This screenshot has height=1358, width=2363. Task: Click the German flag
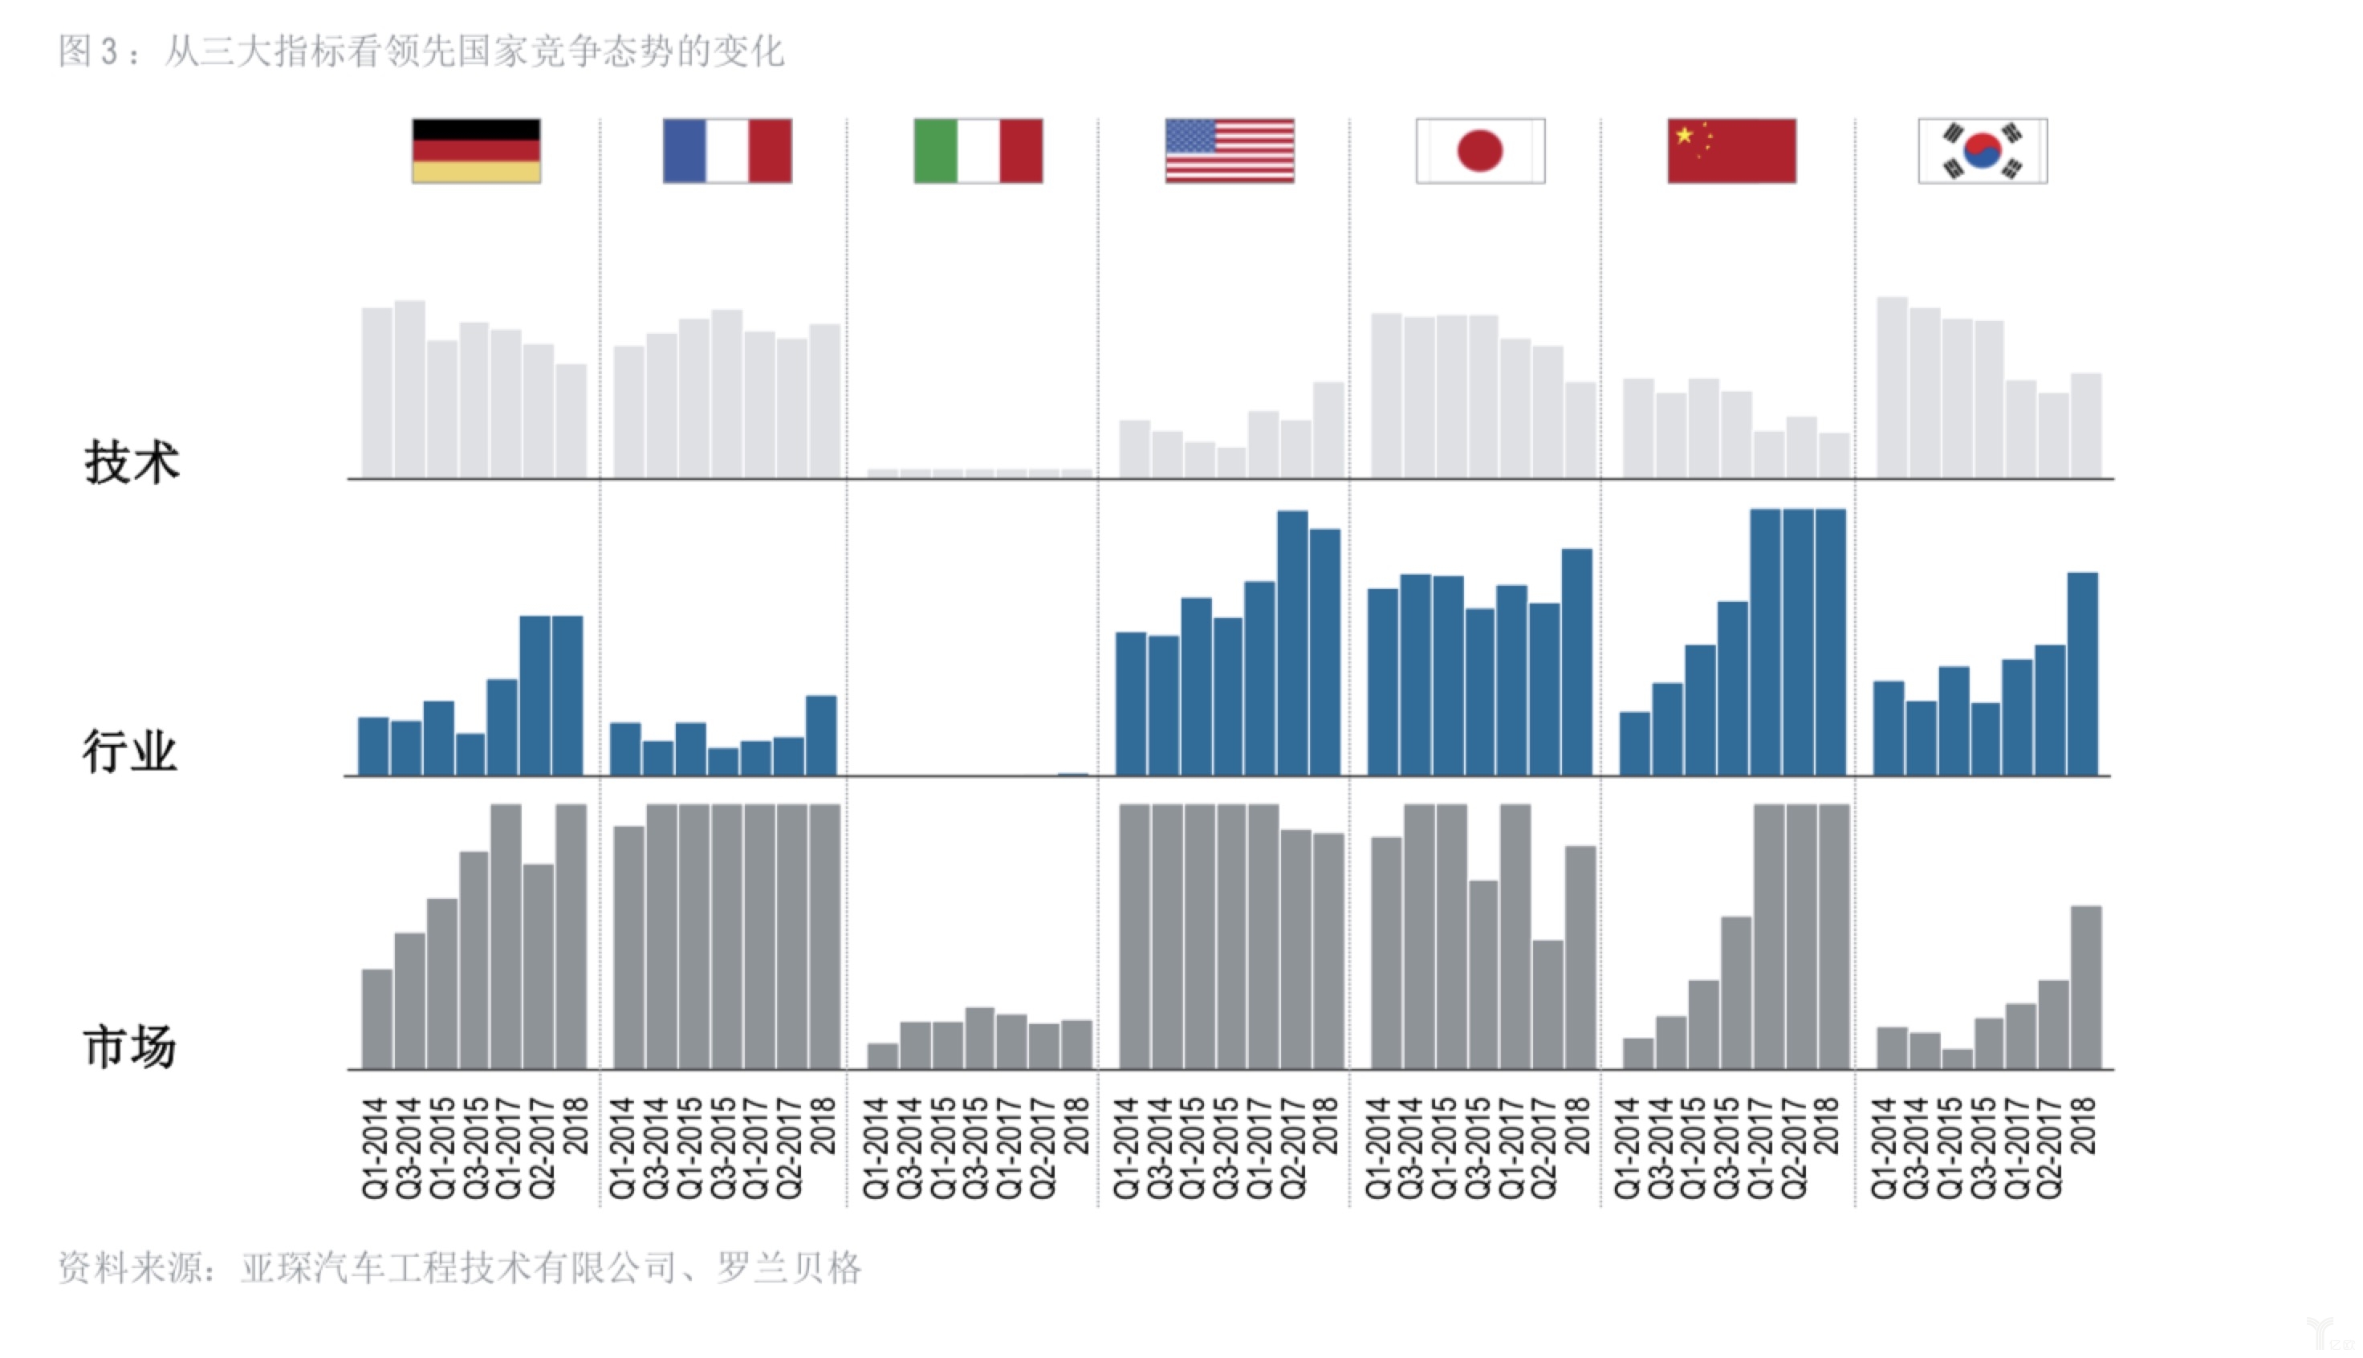tap(476, 150)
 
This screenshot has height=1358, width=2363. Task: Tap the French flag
tap(726, 150)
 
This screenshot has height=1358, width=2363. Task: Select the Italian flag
tap(978, 150)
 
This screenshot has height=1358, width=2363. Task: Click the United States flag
tap(1229, 150)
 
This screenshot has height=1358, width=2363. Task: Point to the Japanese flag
tap(1480, 150)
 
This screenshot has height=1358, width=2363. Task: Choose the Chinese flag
tap(1731, 150)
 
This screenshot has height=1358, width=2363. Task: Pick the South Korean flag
tap(1983, 150)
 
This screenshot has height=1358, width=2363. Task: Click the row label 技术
tap(132, 462)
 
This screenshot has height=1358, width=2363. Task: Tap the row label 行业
tap(129, 752)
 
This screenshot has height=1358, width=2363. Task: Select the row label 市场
tap(129, 1047)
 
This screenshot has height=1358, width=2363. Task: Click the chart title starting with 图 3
tap(421, 51)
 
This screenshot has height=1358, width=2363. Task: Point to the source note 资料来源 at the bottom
tap(460, 1267)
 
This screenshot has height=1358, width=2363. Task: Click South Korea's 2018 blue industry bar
tap(2082, 673)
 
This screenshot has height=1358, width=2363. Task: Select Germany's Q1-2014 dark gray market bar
tap(376, 1018)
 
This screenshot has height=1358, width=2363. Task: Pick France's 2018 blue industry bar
tap(820, 735)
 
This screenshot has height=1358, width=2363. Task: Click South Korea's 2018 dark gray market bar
tap(2086, 986)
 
